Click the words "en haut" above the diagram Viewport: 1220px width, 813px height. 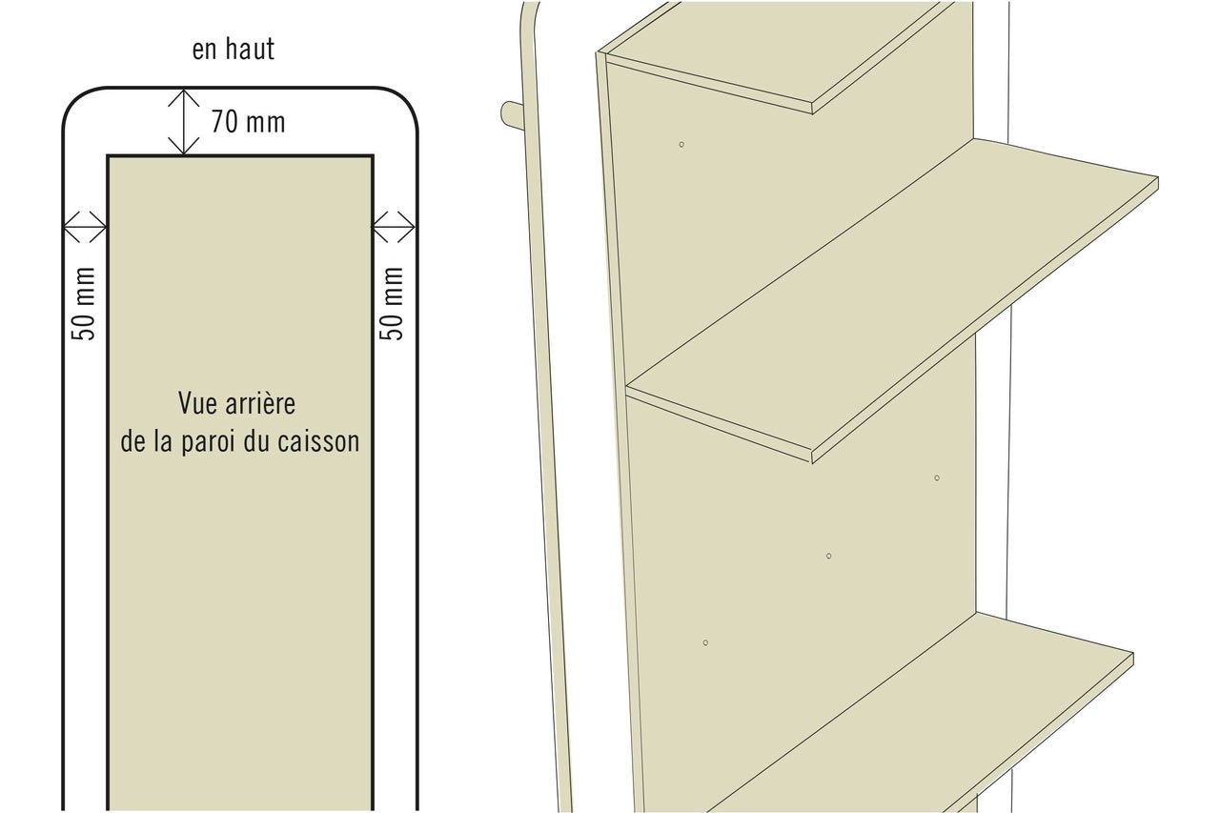(234, 49)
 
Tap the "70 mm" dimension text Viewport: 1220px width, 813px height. (249, 121)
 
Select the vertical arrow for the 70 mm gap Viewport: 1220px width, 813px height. (184, 122)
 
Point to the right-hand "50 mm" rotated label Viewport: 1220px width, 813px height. (391, 303)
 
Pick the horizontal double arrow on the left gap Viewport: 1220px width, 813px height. (85, 227)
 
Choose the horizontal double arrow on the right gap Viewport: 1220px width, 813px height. (395, 227)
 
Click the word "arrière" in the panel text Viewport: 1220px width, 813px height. (260, 403)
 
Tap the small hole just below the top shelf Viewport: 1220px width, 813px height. (681, 144)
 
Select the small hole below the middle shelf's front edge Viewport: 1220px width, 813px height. (937, 478)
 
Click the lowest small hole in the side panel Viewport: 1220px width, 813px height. (705, 643)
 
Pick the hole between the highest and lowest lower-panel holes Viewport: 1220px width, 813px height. (829, 556)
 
